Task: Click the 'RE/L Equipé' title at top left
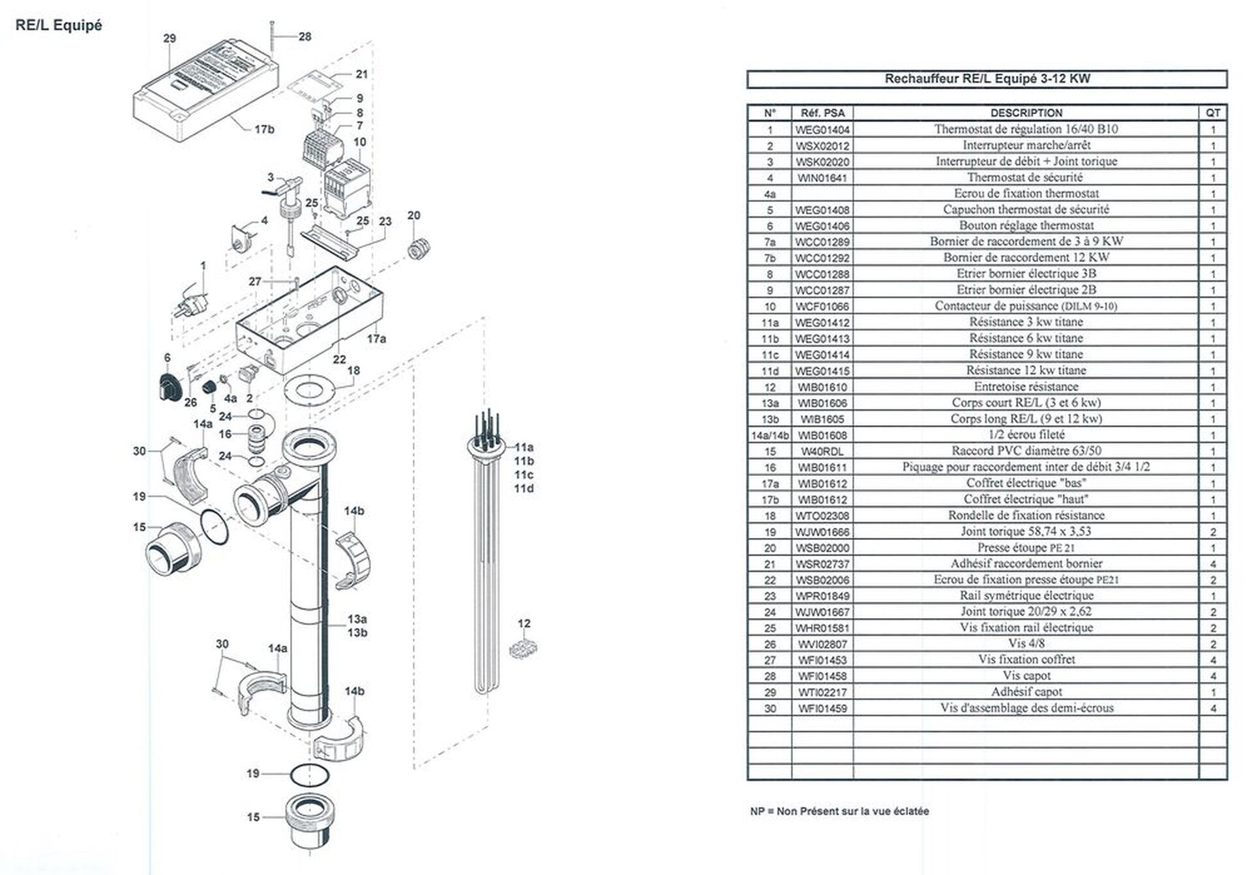pyautogui.click(x=59, y=25)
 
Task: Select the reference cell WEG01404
pyautogui.click(x=822, y=129)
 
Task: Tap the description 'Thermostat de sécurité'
pyautogui.click(x=1025, y=177)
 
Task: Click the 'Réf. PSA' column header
pyautogui.click(x=822, y=113)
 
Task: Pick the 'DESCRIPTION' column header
pyautogui.click(x=1026, y=113)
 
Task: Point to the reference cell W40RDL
pyautogui.click(x=822, y=451)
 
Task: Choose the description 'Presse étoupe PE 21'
pyautogui.click(x=1025, y=548)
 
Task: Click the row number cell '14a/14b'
pyautogui.click(x=769, y=435)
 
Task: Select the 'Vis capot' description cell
pyautogui.click(x=1026, y=676)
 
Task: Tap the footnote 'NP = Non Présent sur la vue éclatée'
pyautogui.click(x=839, y=811)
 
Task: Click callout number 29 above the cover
pyautogui.click(x=170, y=38)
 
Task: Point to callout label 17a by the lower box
pyautogui.click(x=376, y=338)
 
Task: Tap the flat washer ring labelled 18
pyautogui.click(x=309, y=391)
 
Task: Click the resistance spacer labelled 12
pyautogui.click(x=523, y=649)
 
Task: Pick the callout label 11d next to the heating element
pyautogui.click(x=524, y=488)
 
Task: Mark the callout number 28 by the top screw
pyautogui.click(x=305, y=37)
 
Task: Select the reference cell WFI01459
pyautogui.click(x=822, y=708)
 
